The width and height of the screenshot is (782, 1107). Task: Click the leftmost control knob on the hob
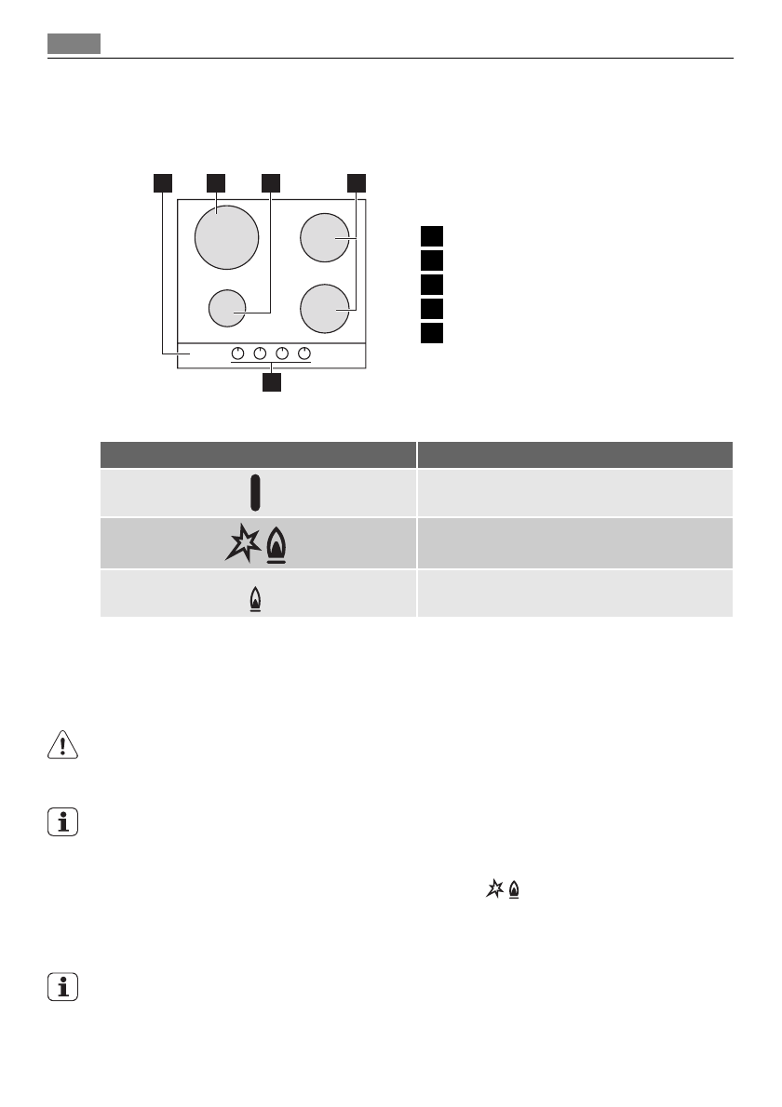[x=237, y=353]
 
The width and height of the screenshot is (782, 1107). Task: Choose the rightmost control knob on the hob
[x=303, y=353]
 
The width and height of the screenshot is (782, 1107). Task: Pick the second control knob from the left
[x=260, y=353]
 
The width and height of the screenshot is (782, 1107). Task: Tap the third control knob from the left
[x=282, y=353]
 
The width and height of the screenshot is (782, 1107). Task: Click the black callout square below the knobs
[x=271, y=382]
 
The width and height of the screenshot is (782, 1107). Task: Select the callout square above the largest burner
[x=216, y=182]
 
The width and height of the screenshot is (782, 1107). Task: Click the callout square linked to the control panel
[x=163, y=182]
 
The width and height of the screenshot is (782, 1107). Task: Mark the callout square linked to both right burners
[x=357, y=182]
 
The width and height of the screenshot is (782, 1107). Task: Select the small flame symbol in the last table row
[x=255, y=602]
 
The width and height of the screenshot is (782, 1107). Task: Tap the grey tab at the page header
[x=74, y=44]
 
